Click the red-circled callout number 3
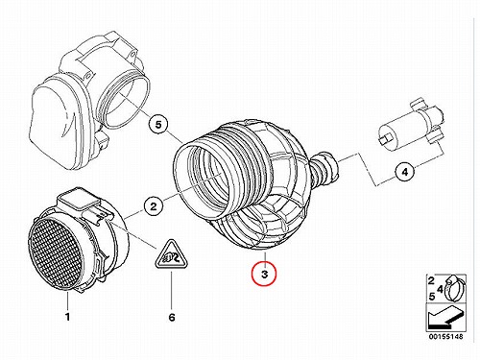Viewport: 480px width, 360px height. [x=264, y=274]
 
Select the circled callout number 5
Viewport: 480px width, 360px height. [x=158, y=125]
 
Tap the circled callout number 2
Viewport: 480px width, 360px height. [x=154, y=206]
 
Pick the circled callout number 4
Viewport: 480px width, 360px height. [x=405, y=172]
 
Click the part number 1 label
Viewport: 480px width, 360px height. [x=67, y=317]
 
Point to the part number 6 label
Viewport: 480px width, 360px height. [x=172, y=317]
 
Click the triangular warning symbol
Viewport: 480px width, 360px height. [x=172, y=255]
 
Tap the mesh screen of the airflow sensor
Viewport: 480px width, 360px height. [x=55, y=252]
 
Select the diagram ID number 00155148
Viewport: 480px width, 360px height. [x=445, y=337]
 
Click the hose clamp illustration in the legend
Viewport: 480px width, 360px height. [x=454, y=288]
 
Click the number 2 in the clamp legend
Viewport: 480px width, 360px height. [x=431, y=281]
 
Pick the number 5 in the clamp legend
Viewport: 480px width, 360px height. [x=432, y=297]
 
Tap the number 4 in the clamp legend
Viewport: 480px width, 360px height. [x=440, y=289]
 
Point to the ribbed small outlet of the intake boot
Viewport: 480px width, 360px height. [x=324, y=169]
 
